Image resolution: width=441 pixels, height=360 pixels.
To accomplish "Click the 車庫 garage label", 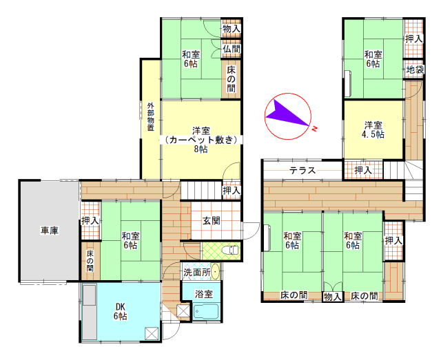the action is click(50, 231).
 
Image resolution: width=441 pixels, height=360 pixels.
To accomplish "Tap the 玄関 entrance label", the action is click(212, 221).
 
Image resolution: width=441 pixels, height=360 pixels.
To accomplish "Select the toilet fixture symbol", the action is click(230, 250).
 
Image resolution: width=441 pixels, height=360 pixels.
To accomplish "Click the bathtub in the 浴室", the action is click(207, 311).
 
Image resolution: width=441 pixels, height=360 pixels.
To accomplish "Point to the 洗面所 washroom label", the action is click(197, 272).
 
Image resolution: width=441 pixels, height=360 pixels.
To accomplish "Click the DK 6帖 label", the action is click(120, 311).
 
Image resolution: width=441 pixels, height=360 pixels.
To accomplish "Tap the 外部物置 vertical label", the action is click(151, 117).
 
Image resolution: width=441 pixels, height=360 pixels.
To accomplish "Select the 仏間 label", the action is click(232, 49).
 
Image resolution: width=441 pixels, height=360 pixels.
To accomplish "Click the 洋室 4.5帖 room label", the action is click(373, 129).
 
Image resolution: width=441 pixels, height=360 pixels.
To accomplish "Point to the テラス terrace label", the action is click(302, 170).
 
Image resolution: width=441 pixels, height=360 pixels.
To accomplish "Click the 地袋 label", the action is click(415, 70).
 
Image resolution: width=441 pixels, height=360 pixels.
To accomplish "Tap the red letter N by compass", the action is click(315, 129).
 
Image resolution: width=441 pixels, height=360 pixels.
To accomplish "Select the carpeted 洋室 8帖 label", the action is click(201, 140).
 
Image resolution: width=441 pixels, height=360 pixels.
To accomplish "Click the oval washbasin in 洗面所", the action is click(216, 272).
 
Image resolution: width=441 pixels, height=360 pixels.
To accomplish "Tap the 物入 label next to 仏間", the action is click(232, 28).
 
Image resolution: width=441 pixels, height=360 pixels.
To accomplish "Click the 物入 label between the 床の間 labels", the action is click(332, 297).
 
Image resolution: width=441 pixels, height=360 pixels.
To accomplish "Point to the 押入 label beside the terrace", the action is click(363, 170).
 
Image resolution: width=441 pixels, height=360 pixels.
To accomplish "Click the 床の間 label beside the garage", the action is click(90, 260).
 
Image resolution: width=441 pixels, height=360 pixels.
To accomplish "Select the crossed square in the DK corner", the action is click(152, 334).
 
